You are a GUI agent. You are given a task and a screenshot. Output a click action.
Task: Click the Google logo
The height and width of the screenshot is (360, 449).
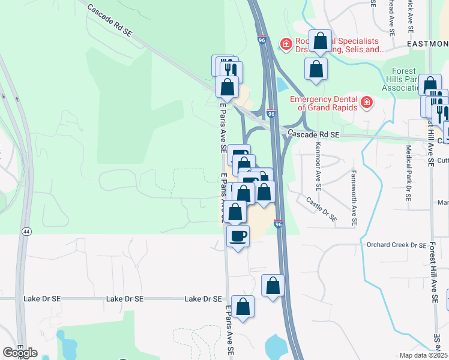20,353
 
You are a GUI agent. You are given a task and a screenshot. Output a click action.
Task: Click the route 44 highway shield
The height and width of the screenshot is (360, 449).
26,231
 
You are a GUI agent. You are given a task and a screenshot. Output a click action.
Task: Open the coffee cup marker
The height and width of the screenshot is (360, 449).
238,235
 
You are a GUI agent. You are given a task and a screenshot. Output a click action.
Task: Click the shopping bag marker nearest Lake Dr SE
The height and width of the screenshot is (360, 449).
243,306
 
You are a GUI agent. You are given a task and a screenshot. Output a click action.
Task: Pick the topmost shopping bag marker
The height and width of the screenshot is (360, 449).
320,41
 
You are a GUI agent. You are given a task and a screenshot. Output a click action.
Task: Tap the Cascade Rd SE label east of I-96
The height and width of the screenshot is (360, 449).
313,135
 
